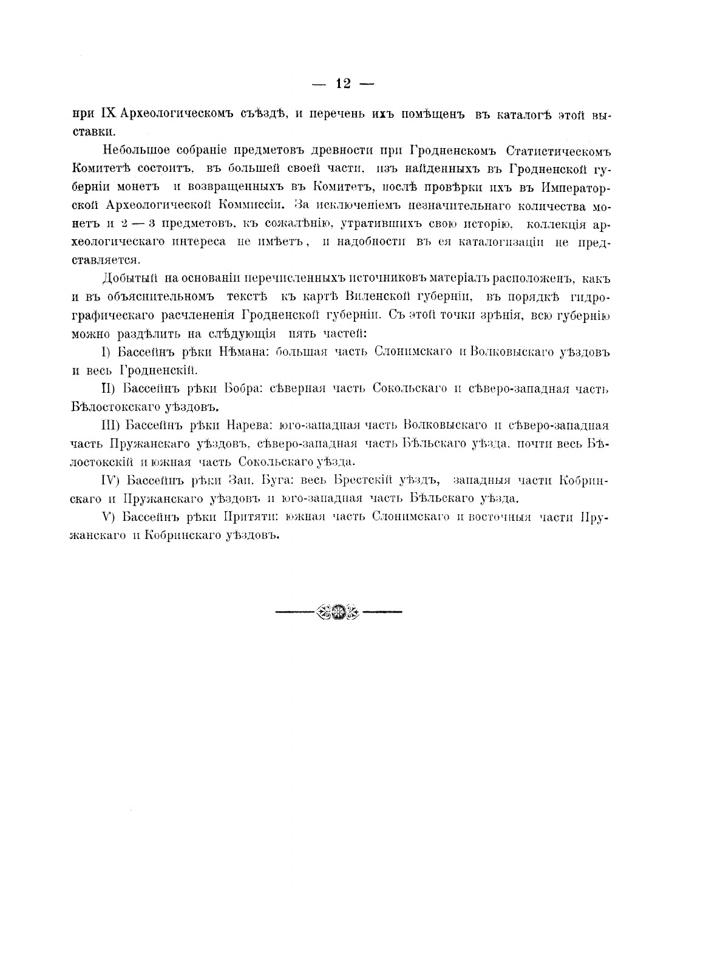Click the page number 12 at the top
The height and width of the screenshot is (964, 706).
point(342,84)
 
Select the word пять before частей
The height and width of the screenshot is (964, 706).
point(302,333)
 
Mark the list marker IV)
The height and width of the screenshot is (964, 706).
point(109,480)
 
